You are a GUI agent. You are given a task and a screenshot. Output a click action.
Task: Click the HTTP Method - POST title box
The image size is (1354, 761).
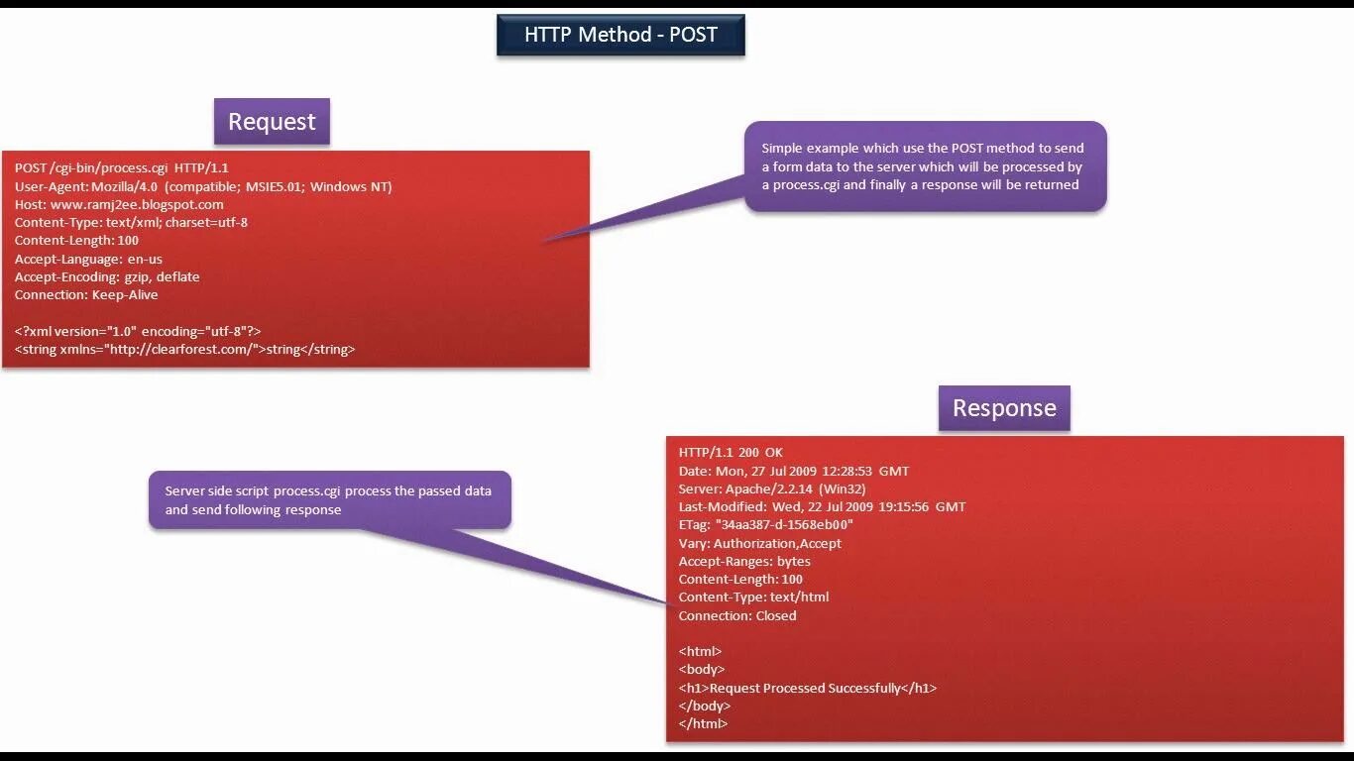click(x=621, y=36)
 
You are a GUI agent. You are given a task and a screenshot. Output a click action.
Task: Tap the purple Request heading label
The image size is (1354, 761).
click(x=272, y=122)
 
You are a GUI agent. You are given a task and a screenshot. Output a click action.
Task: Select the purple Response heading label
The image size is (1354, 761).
click(x=1004, y=408)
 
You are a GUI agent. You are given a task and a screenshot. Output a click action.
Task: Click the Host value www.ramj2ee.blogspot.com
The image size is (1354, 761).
click(x=137, y=204)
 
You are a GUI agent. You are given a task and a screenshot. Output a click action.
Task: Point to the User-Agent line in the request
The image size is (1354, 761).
click(x=203, y=186)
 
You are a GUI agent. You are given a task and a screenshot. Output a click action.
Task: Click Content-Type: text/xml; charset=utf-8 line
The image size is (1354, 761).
click(x=131, y=222)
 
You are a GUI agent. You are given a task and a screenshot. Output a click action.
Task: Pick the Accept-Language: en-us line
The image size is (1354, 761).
click(x=88, y=259)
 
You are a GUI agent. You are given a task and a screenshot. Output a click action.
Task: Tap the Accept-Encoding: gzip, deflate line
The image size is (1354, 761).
click(x=107, y=276)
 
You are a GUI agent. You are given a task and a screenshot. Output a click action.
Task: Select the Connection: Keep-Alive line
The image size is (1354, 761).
click(x=86, y=294)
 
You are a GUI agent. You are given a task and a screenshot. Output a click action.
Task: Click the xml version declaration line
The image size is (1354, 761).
click(x=138, y=331)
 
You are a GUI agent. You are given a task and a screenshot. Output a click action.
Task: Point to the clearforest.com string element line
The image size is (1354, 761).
click(x=184, y=349)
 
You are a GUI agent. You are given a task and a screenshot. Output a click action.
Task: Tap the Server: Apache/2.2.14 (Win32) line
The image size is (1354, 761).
click(x=772, y=489)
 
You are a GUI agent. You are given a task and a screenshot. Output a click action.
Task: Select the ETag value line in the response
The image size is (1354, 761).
click(x=765, y=525)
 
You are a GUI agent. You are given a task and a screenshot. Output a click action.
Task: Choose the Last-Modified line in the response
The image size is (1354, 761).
click(x=822, y=506)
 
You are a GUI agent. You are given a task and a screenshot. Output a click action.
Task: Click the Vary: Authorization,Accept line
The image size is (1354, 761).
click(x=759, y=543)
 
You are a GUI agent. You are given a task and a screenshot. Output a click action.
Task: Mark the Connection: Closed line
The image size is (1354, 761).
click(x=737, y=615)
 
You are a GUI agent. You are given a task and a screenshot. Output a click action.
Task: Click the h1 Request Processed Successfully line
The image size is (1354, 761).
click(x=807, y=688)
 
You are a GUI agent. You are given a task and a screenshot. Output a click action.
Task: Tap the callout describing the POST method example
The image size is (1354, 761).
click(x=925, y=166)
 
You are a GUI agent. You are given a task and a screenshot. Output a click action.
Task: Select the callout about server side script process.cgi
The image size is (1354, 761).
click(x=329, y=499)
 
